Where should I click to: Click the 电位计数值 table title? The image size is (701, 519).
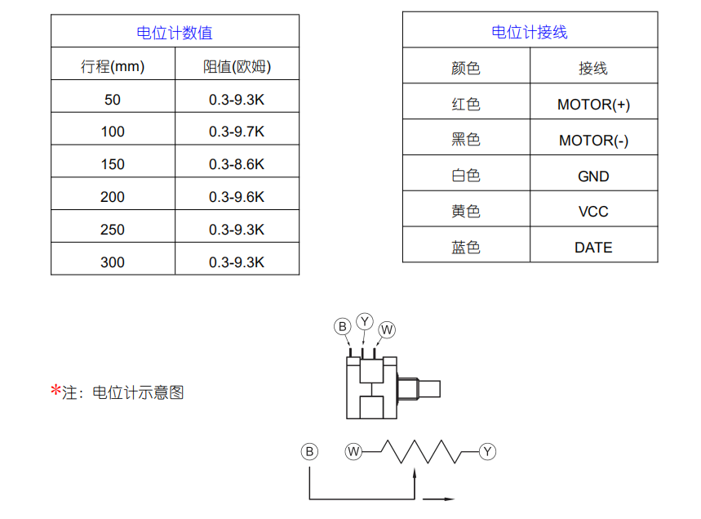pos(175,34)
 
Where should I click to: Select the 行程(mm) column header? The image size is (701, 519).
pos(113,67)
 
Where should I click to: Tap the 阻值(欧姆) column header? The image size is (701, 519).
pos(237,67)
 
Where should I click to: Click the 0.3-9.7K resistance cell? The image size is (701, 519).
pos(237,132)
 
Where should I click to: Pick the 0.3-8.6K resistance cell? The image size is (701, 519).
pos(237,164)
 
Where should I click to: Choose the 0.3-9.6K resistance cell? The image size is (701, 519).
pos(237,197)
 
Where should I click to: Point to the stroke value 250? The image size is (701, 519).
pos(113,230)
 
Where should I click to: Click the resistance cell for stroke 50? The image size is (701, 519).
pos(237,100)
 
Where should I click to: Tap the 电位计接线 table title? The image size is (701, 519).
pos(529,33)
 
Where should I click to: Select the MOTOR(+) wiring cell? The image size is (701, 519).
pos(593,105)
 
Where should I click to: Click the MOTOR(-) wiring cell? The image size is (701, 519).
pos(593,141)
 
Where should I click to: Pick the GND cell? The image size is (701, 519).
pos(593,177)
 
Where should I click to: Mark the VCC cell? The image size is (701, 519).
pos(593,212)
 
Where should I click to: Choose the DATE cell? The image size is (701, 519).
pos(593,248)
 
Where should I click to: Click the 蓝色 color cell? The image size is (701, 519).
pos(466,248)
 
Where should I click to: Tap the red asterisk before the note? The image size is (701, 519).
pos(55,391)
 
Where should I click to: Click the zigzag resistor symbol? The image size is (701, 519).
pos(421,452)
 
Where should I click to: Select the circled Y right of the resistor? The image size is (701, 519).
pos(487,452)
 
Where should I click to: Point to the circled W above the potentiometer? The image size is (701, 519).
pos(387,330)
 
